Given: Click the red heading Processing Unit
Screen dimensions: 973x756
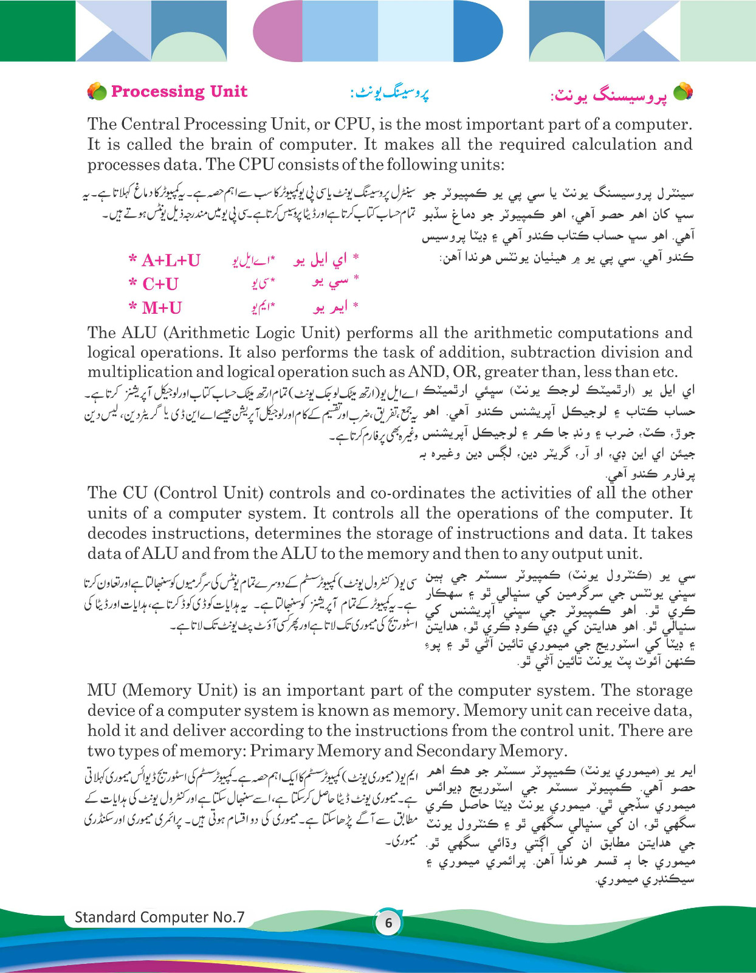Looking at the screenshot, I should (x=179, y=92).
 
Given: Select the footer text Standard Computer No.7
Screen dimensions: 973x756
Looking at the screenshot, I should (x=159, y=917).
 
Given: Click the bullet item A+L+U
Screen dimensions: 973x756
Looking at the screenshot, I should (x=165, y=260).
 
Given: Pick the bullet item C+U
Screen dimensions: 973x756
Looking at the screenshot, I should (x=154, y=284).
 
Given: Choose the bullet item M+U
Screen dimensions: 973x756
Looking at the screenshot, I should (x=156, y=308).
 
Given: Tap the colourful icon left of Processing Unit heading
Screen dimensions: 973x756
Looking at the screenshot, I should (x=97, y=92).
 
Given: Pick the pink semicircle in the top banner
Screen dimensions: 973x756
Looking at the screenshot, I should (x=278, y=30).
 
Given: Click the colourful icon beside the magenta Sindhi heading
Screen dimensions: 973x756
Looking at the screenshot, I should (x=683, y=92).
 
